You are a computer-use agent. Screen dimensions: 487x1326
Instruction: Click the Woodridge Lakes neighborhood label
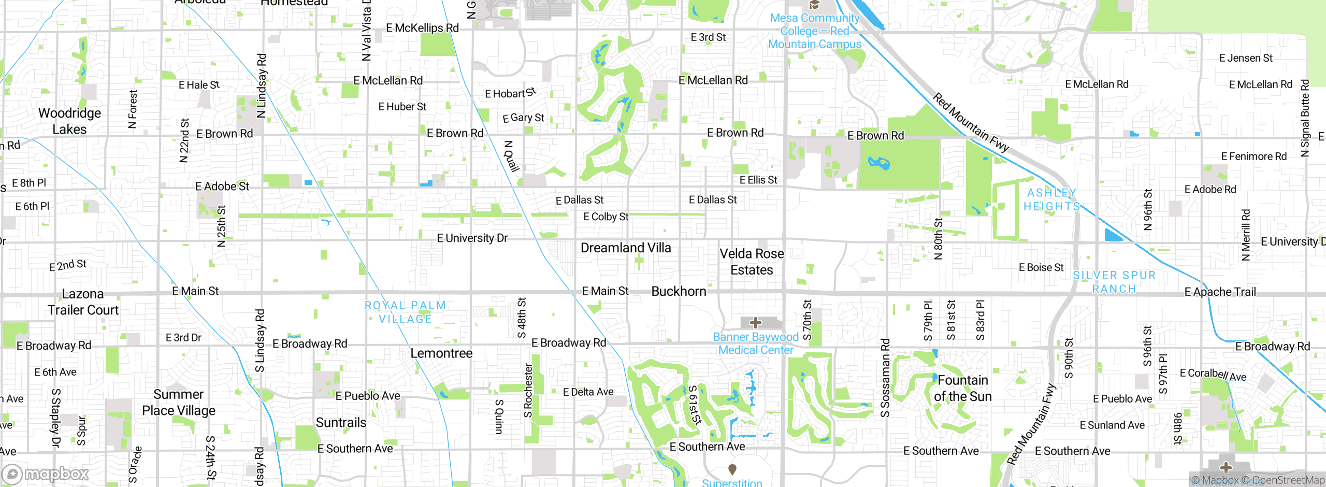[x=69, y=121]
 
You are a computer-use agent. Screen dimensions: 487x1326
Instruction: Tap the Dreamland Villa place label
[x=626, y=248]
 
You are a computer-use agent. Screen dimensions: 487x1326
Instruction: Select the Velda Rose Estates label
[x=752, y=262]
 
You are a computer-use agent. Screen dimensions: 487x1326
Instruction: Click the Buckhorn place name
[x=679, y=292]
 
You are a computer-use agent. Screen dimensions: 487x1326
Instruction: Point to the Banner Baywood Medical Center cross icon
[x=756, y=323]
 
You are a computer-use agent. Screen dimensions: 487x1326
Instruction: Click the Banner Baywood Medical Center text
[x=756, y=343]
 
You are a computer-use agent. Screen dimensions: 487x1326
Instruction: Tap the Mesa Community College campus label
[x=814, y=31]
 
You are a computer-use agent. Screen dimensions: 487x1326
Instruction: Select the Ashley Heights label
[x=1052, y=199]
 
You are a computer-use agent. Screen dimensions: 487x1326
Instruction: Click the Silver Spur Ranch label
[x=1114, y=282]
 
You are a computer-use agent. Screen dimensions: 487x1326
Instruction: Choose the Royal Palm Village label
[x=405, y=312]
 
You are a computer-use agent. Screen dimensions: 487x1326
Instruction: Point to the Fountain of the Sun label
[x=962, y=389]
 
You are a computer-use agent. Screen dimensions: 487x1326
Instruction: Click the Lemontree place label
[x=441, y=353]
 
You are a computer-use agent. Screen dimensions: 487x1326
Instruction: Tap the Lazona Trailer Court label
[x=83, y=302]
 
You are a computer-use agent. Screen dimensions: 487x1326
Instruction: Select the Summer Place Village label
[x=178, y=403]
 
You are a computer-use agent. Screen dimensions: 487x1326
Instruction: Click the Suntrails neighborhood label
[x=341, y=423]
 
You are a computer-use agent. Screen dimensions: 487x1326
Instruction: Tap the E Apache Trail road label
[x=1220, y=292]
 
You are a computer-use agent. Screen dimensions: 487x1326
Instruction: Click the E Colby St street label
[x=606, y=217]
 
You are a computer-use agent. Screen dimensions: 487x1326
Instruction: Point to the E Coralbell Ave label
[x=1213, y=375]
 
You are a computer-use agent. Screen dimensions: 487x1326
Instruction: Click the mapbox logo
[x=46, y=474]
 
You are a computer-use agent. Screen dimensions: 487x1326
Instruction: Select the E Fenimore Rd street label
[x=1253, y=156]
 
